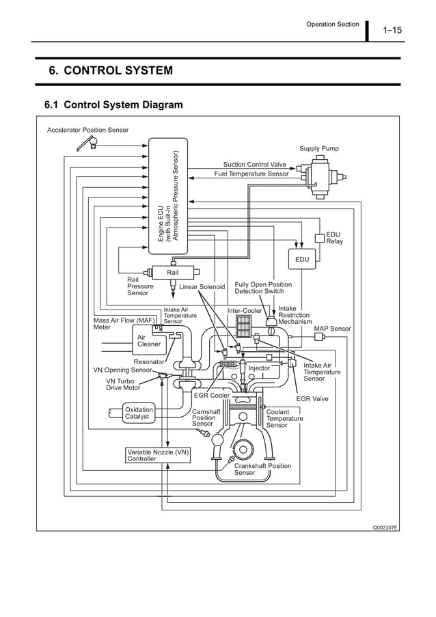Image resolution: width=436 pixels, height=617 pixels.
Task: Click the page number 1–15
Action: [x=392, y=30]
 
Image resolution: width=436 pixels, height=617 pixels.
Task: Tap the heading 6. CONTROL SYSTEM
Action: [x=110, y=71]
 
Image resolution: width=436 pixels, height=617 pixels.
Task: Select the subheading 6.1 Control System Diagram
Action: [x=113, y=105]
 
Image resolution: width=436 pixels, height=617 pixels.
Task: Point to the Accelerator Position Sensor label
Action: [x=87, y=130]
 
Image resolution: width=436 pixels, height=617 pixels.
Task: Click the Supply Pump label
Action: [x=318, y=148]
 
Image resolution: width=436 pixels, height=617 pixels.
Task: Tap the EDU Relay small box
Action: [x=319, y=238]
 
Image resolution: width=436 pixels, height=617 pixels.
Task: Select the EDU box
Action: [x=301, y=260]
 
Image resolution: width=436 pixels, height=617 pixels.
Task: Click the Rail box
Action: [x=174, y=273]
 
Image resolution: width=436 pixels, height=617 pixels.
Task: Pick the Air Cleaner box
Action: [x=149, y=340]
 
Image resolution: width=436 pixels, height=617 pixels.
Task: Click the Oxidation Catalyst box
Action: [x=139, y=413]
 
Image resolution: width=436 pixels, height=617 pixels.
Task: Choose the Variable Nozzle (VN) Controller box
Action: [x=158, y=456]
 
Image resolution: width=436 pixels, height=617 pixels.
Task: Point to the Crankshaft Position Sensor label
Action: [x=262, y=469]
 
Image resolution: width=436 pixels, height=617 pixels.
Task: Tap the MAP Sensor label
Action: [x=332, y=329]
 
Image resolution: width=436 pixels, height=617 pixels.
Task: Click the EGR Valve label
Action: [x=312, y=398]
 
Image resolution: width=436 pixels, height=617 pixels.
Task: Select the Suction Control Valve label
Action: [x=254, y=165]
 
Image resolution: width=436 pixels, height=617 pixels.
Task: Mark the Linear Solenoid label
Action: [x=202, y=287]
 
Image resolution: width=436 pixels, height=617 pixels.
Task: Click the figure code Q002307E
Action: [x=385, y=527]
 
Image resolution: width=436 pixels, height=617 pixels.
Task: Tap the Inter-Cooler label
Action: [x=245, y=311]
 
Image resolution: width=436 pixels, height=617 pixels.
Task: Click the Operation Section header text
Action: [x=332, y=25]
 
